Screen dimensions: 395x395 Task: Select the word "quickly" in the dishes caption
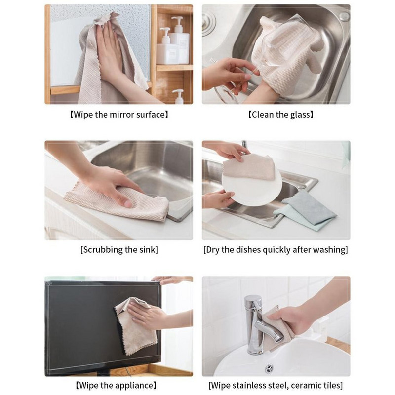click(285, 250)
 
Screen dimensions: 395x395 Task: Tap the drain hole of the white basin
click(270, 368)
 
